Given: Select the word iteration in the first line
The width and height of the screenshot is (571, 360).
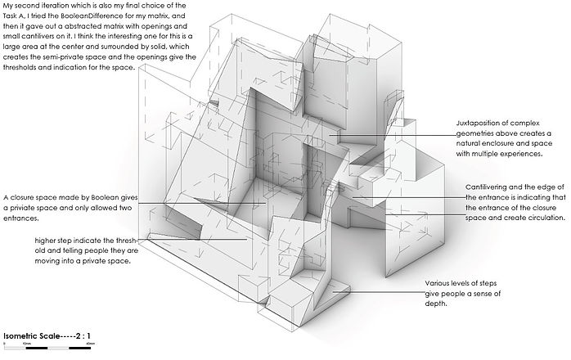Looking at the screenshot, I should point(52,7).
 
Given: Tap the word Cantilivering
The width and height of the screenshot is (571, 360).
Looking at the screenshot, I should point(492,187).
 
